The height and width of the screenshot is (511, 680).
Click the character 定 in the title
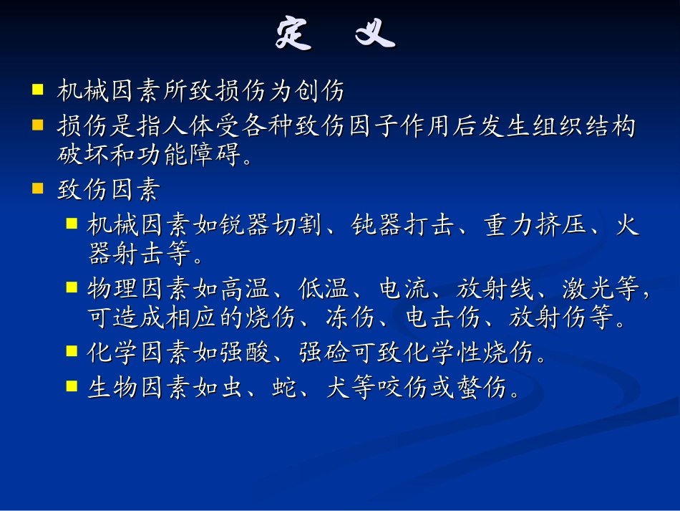pos(293,33)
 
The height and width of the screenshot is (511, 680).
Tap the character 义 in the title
pos(376,33)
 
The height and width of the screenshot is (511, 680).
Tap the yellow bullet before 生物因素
pos(71,386)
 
